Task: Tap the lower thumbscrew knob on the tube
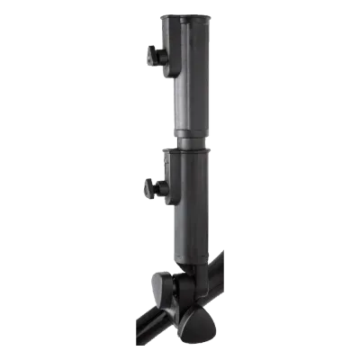(x=148, y=191)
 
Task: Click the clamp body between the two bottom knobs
(x=184, y=301)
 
